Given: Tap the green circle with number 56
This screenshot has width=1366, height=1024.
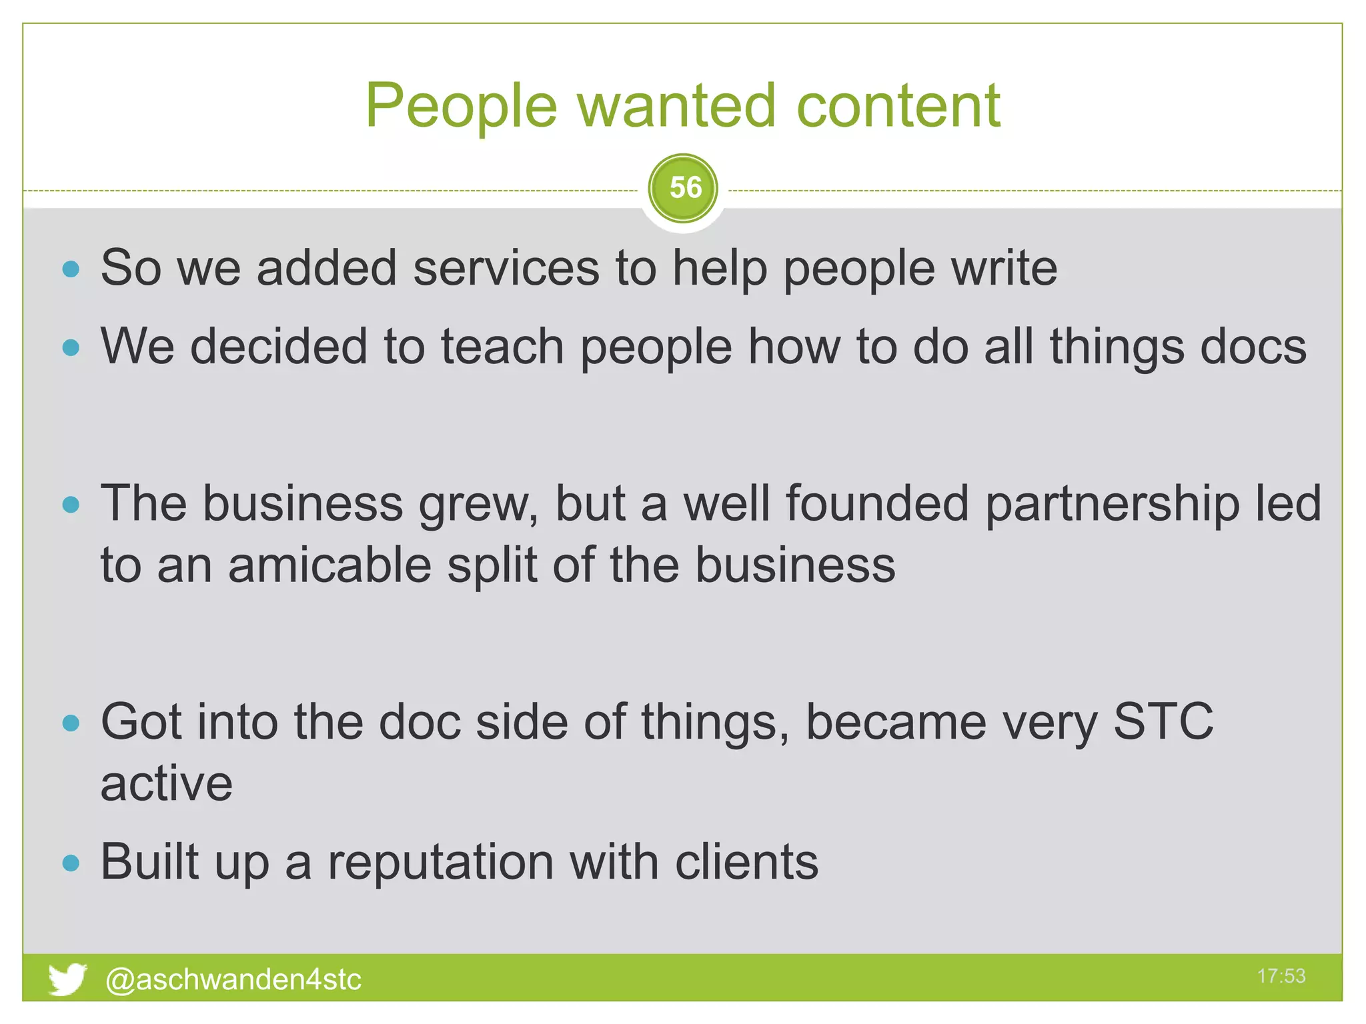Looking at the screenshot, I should click(683, 189).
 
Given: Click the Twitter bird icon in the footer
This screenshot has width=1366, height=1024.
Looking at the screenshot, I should click(67, 979).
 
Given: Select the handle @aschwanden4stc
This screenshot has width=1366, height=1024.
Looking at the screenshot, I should click(233, 979).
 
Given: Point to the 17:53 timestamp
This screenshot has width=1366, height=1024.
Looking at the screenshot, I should click(1281, 976).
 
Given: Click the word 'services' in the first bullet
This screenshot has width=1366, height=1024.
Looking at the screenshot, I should click(506, 268).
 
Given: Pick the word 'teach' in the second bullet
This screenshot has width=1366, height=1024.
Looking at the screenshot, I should click(502, 347).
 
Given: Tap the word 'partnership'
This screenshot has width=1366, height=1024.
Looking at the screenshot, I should click(1112, 503).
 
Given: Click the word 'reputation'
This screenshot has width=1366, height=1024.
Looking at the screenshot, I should click(440, 862).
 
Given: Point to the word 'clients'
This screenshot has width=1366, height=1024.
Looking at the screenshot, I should click(746, 862).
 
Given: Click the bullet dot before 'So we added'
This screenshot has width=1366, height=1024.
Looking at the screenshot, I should click(71, 269).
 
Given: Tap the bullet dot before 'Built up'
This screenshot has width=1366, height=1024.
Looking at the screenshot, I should click(71, 864).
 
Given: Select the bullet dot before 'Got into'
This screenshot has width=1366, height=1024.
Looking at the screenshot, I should click(71, 723).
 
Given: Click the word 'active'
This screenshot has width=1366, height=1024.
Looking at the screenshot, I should click(167, 783).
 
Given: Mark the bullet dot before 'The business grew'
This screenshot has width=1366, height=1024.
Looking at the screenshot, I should click(71, 505).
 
